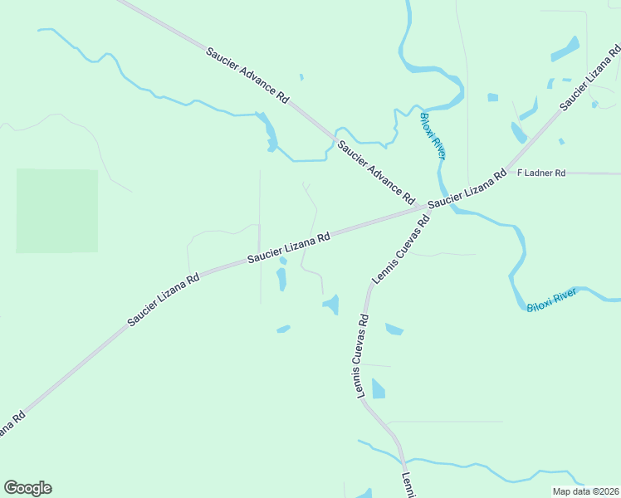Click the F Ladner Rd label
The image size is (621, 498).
tap(541, 173)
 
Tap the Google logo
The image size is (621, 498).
tap(27, 488)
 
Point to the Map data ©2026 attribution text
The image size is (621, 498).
tap(585, 491)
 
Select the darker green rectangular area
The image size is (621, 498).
tap(57, 211)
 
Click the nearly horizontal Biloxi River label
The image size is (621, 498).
tap(551, 300)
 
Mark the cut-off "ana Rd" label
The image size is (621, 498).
tap(8, 425)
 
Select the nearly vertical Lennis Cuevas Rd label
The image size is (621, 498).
tap(363, 357)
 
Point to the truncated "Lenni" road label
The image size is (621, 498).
tap(408, 486)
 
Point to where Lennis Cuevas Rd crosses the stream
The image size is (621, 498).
tap(403, 461)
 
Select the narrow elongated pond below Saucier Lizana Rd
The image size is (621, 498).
tap(281, 278)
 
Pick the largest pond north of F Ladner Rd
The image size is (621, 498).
tap(565, 49)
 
